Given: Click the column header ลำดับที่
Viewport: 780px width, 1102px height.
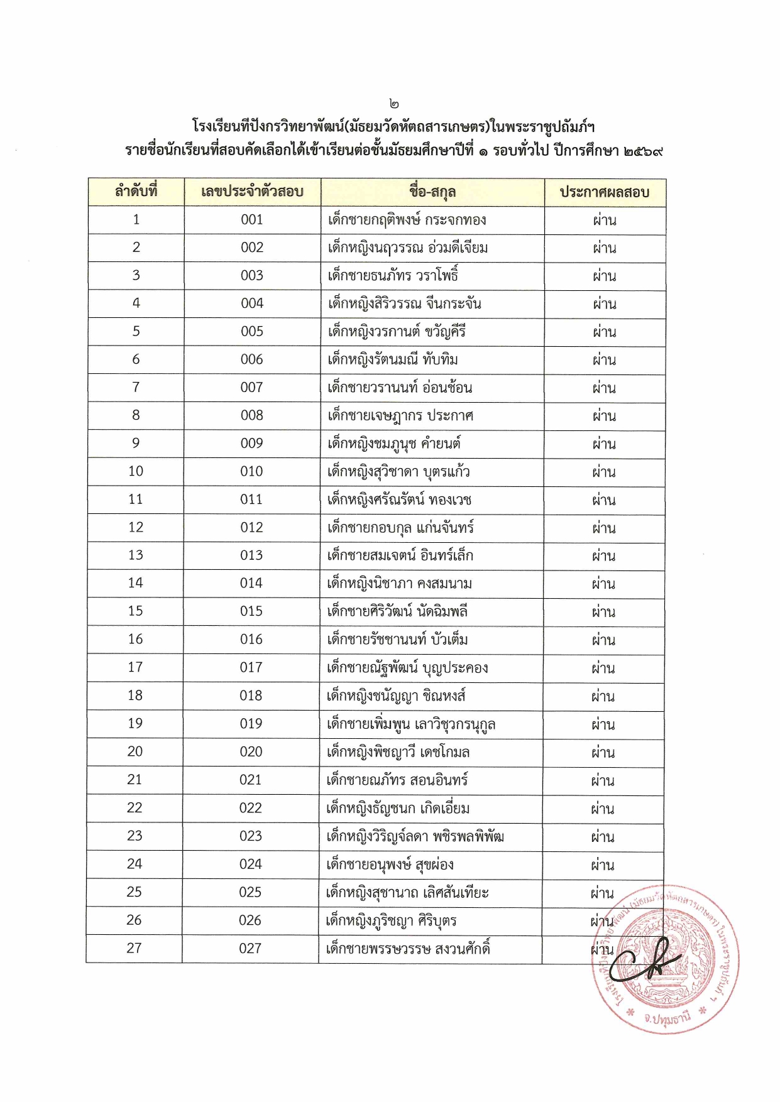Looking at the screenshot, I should (136, 191).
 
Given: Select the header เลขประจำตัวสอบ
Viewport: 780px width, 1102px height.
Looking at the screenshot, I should (252, 192).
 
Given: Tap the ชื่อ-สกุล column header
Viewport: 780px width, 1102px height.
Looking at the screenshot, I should (432, 192).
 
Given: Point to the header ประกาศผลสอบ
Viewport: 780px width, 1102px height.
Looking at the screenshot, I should (604, 192).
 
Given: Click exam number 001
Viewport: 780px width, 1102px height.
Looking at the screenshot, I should (252, 220).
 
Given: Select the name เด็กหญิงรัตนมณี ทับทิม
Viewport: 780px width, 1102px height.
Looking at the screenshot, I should (393, 359).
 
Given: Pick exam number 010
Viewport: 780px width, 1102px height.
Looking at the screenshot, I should (251, 471).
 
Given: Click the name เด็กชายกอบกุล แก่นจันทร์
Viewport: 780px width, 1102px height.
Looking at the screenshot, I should (400, 528).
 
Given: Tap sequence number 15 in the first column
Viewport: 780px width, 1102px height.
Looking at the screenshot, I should (135, 611).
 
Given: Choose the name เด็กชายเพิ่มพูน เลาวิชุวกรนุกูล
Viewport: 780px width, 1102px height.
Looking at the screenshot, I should (410, 724).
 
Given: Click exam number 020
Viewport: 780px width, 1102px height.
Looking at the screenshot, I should (251, 751).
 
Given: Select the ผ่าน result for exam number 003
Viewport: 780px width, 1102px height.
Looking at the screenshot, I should (604, 276).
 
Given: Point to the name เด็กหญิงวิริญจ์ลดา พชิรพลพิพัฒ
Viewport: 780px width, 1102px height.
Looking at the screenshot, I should (415, 836).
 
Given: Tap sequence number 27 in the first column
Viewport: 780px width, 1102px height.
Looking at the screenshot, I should (134, 948).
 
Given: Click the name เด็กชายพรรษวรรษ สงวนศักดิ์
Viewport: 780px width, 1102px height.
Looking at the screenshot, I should (407, 949).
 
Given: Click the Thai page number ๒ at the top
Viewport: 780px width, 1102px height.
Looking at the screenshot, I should (393, 104).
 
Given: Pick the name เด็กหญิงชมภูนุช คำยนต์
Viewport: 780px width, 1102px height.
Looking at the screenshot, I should (393, 444).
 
